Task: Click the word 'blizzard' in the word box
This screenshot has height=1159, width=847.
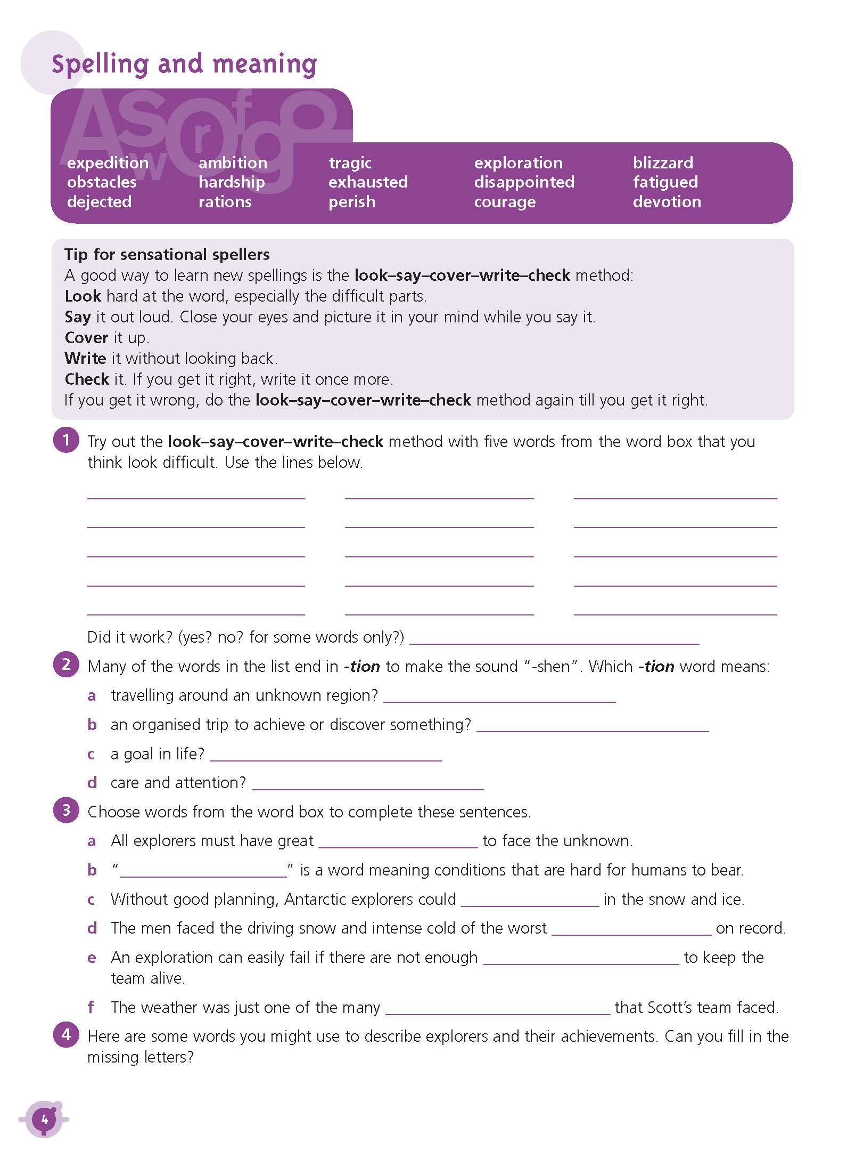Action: pos(663,163)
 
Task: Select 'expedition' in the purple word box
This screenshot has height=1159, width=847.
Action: pos(108,163)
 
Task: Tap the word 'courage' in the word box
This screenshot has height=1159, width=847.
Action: pos(505,202)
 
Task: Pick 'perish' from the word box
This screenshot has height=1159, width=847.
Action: pos(352,202)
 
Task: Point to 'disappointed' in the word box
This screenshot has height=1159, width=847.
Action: pos(524,182)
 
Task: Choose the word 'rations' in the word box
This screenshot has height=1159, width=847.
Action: pos(225,202)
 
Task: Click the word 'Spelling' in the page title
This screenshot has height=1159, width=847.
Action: pos(100,64)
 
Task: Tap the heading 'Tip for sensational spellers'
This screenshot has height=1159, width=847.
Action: pos(167,255)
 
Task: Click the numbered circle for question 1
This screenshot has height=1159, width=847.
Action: pos(66,440)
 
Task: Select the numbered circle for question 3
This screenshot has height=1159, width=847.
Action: pos(66,811)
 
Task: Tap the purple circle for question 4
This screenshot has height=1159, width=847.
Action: pos(66,1035)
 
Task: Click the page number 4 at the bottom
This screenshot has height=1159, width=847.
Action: pos(44,1120)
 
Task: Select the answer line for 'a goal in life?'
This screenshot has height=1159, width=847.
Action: pos(326,757)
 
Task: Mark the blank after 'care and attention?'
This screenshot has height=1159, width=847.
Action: pos(367,785)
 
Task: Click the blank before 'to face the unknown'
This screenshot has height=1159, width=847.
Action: pos(398,844)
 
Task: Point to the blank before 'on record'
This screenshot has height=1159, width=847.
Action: pos(631,931)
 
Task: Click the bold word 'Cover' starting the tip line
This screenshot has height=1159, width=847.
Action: pos(86,338)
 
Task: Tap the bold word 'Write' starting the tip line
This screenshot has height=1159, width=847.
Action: pos(85,359)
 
